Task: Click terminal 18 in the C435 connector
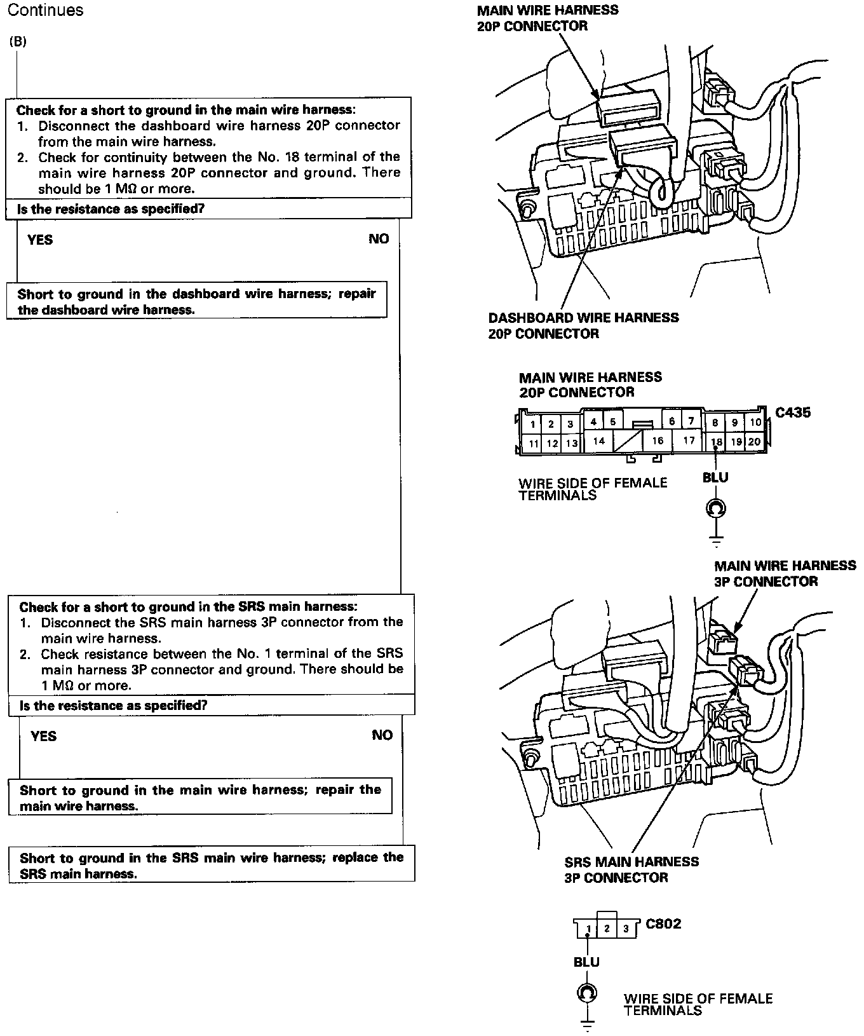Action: (717, 442)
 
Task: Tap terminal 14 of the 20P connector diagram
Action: (599, 440)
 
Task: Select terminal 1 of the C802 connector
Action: (588, 929)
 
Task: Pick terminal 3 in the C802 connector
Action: (626, 929)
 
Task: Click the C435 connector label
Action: (793, 412)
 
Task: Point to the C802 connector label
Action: (663, 924)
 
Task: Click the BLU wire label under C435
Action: (715, 477)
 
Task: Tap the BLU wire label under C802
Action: (586, 962)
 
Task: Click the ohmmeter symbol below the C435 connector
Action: (716, 508)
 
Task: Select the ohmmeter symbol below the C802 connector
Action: (586, 993)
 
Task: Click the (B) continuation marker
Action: (18, 42)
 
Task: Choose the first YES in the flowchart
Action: (40, 240)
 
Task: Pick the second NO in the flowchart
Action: (382, 735)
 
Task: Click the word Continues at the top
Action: (45, 10)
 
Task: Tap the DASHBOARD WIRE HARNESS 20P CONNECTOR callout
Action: (583, 325)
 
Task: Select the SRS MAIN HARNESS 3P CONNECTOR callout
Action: (631, 869)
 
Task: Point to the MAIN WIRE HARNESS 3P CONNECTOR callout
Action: (785, 573)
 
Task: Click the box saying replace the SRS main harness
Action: (212, 865)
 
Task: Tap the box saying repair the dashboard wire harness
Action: (196, 301)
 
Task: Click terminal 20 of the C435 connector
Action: (754, 442)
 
